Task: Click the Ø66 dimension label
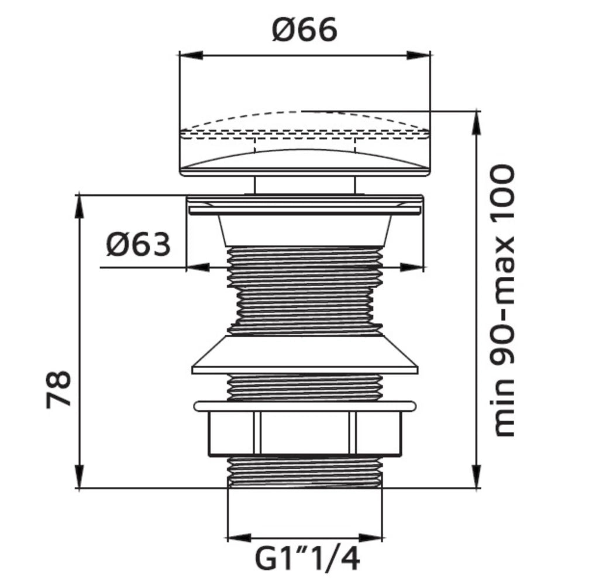304,30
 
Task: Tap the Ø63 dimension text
138,245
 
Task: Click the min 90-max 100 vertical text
502,301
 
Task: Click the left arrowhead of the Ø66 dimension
191,55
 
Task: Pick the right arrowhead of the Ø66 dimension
418,55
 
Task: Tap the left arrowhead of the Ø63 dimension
198,267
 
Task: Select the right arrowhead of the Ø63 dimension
412,267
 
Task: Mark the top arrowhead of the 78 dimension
79,207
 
